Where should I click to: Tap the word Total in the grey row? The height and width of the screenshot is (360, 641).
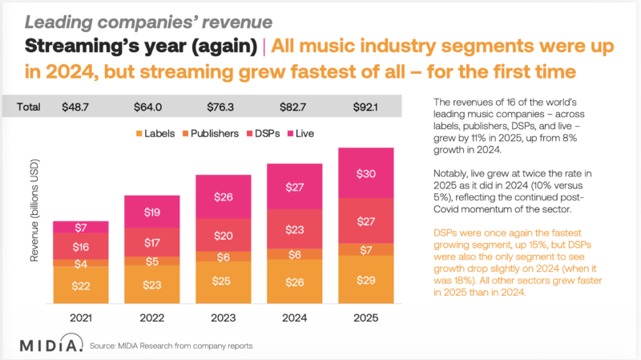[30, 106]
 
